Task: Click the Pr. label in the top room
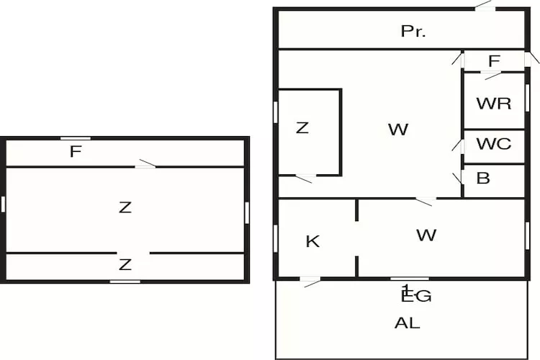coord(413,31)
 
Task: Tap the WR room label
coord(494,103)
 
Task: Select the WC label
coord(494,143)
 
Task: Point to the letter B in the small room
coord(483,178)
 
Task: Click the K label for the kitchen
coord(312,241)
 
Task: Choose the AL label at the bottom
coord(407,323)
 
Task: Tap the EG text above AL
coord(415,295)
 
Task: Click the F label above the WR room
coord(494,62)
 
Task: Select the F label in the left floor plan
coord(75,152)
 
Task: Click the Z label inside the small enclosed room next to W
coord(302,128)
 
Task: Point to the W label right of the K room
coord(426,235)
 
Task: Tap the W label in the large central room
coord(397,130)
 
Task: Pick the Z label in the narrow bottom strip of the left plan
coord(125,265)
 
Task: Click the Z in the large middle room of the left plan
coord(125,207)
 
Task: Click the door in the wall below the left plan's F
coord(145,166)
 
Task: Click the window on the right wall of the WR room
coord(527,97)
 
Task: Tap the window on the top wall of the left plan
coord(75,138)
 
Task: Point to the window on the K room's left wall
coord(276,238)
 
